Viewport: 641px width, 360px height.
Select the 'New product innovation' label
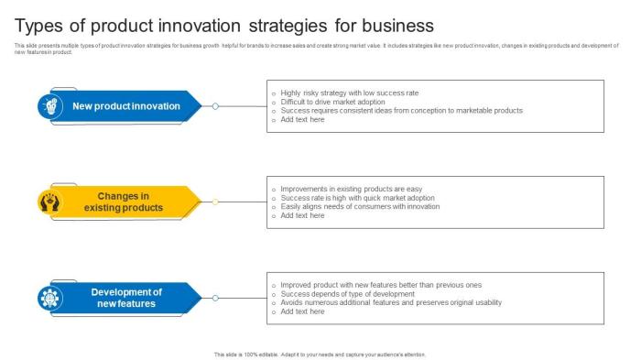click(126, 106)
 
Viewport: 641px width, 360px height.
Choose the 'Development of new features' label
click(126, 298)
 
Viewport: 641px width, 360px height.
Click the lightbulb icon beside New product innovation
click(49, 106)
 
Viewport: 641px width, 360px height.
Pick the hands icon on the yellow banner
click(49, 202)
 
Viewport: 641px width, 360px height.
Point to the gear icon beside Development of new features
click(49, 298)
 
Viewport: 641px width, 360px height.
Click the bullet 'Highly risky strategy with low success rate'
click(350, 93)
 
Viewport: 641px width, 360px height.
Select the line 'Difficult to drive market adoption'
click(333, 102)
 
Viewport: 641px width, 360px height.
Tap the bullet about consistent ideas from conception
click(401, 110)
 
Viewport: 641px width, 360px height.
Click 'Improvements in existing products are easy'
click(351, 189)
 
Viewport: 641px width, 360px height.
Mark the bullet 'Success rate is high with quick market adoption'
click(357, 198)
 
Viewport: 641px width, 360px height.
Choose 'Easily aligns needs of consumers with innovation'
click(360, 206)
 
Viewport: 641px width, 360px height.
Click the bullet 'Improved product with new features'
click(381, 285)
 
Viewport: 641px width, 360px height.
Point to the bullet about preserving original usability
click(391, 302)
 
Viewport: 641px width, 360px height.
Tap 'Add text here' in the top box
click(302, 119)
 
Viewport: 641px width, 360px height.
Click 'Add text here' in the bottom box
click(302, 311)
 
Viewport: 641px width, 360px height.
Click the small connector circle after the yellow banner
click(215, 202)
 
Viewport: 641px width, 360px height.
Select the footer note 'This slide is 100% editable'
click(320, 354)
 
